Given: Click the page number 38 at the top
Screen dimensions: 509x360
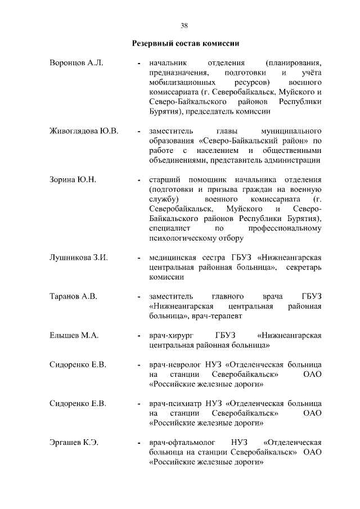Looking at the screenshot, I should coord(184,25).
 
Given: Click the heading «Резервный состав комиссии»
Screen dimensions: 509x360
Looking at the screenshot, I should coord(184,43).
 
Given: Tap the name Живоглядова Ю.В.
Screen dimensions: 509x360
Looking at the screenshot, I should coord(84,132).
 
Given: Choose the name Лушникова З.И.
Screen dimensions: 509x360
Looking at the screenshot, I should coord(79,258).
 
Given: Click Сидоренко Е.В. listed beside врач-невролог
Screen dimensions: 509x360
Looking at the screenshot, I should coord(78,365).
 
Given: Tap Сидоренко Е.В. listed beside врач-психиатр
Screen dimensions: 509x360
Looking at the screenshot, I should coord(78,404).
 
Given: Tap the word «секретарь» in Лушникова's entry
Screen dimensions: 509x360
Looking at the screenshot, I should coord(304,268).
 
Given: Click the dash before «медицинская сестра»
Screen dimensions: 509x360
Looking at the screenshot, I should coord(138,258).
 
